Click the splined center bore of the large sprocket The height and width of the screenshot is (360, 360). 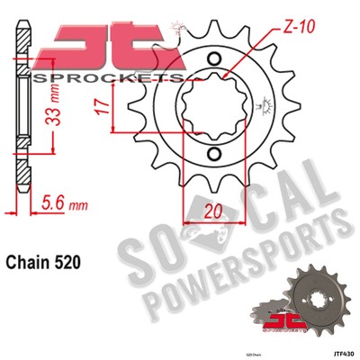point(212,107)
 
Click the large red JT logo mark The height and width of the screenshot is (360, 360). point(99,45)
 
